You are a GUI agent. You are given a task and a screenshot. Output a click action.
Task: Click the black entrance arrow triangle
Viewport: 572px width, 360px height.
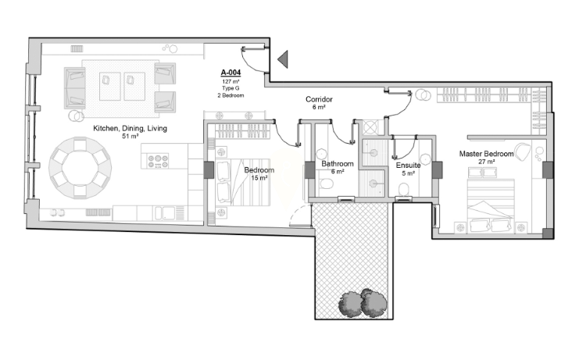[284, 59]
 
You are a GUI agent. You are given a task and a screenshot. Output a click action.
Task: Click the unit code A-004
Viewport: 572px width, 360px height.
[231, 73]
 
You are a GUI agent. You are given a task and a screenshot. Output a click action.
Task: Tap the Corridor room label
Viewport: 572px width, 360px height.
[319, 99]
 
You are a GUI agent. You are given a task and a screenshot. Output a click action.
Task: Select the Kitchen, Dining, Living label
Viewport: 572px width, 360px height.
[130, 128]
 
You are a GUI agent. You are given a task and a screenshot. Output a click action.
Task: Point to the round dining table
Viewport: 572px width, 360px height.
[80, 167]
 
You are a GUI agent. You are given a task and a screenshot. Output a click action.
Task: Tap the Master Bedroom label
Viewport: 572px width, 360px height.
[486, 154]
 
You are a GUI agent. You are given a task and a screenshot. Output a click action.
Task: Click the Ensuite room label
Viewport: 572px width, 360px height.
[408, 166]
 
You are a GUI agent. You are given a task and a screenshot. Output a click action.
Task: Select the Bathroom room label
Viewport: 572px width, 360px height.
[338, 164]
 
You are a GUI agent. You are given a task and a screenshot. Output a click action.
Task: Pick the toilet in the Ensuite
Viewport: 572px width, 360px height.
[403, 189]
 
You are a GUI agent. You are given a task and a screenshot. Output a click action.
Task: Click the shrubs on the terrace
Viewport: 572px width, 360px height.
[363, 303]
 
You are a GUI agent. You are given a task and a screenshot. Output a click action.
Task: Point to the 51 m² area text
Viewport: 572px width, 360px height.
[130, 137]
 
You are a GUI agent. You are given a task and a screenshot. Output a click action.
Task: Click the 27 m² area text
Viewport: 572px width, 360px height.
[487, 162]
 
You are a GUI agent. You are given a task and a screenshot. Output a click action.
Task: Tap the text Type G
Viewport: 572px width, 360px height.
[231, 88]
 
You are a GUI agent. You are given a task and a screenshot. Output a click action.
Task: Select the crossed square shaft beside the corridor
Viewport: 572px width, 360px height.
[370, 127]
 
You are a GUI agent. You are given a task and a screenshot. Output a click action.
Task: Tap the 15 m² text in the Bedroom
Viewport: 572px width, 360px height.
[259, 178]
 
